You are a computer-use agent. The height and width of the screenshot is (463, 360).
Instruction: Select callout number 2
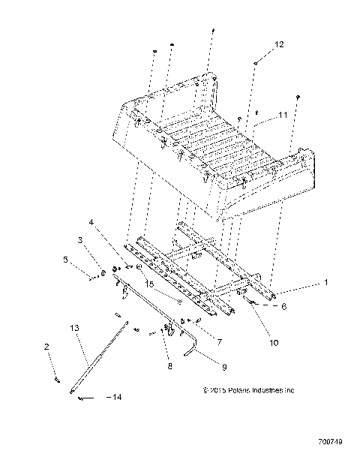point(47,347)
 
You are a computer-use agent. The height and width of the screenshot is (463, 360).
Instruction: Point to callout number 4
point(91,222)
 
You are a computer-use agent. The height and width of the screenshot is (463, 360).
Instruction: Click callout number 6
point(283,306)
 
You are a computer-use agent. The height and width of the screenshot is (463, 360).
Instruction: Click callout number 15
point(150,284)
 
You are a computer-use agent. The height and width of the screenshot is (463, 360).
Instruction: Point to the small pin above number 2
point(57,380)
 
